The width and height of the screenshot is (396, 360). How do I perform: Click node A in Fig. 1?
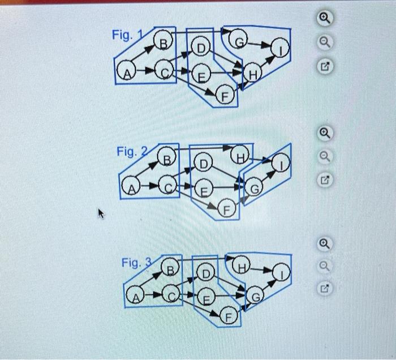pyautogui.click(x=126, y=72)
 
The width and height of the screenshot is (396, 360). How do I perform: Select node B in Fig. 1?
pyautogui.click(x=163, y=44)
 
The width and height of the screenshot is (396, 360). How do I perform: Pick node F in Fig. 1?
pyautogui.click(x=224, y=97)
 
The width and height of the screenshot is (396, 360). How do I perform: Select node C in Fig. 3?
pyautogui.click(x=171, y=294)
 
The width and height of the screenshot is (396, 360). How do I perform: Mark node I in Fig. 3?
pyautogui.click(x=281, y=273)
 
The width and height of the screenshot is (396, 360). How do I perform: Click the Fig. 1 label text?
pyautogui.click(x=123, y=35)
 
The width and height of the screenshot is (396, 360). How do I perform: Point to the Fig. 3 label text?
pyautogui.click(x=135, y=263)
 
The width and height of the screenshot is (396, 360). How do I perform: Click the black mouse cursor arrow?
pyautogui.click(x=101, y=214)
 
